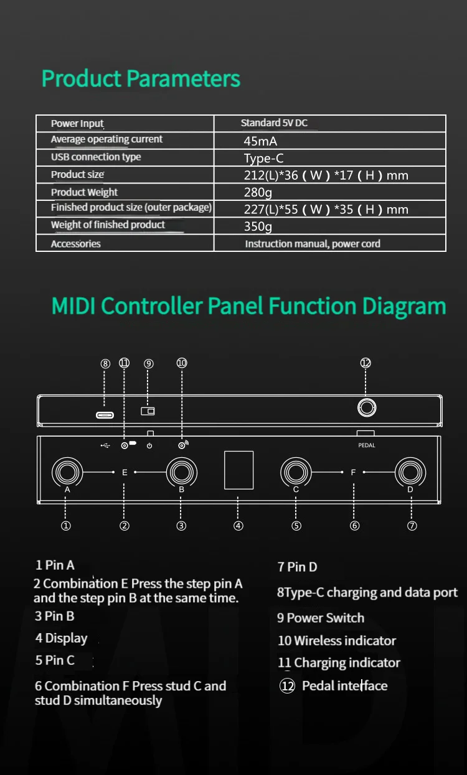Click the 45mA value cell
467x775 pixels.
pyautogui.click(x=260, y=141)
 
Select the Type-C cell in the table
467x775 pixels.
pyautogui.click(x=263, y=159)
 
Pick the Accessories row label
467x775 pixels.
pyautogui.click(x=75, y=244)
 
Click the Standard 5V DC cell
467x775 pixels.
pyautogui.click(x=274, y=123)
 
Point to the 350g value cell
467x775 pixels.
pyautogui.click(x=258, y=226)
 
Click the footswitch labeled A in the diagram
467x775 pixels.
pyautogui.click(x=67, y=472)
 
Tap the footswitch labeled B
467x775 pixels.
pyautogui.click(x=181, y=472)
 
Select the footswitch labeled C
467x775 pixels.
pyautogui.click(x=296, y=472)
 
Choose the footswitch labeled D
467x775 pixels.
pyautogui.click(x=411, y=472)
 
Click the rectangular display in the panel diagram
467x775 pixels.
pyautogui.click(x=238, y=470)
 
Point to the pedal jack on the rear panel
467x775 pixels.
pyautogui.click(x=366, y=408)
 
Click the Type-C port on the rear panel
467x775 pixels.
pyautogui.click(x=105, y=415)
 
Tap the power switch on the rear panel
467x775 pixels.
pyautogui.click(x=148, y=411)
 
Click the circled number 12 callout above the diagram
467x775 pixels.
pyautogui.click(x=366, y=363)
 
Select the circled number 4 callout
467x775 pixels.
pyautogui.click(x=238, y=526)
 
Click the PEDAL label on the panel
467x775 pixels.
pyautogui.click(x=367, y=445)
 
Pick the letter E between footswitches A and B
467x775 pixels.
pyautogui.click(x=125, y=473)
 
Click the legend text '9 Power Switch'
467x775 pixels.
pyautogui.click(x=321, y=618)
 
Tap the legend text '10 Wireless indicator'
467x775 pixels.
pyautogui.click(x=337, y=641)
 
